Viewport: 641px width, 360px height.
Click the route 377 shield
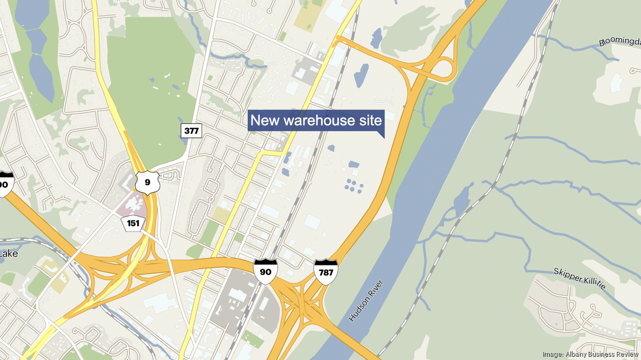click(x=191, y=130)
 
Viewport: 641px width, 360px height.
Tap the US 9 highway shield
click(x=146, y=182)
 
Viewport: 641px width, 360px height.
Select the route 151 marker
click(x=132, y=223)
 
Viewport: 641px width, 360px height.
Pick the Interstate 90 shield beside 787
click(x=265, y=271)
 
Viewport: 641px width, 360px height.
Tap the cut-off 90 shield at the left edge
click(x=5, y=183)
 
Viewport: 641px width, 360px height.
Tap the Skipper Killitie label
click(x=580, y=278)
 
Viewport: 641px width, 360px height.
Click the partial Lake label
click(x=9, y=254)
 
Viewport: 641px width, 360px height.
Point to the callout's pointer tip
click(x=384, y=138)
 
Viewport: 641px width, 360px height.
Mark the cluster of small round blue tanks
click(x=353, y=186)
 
